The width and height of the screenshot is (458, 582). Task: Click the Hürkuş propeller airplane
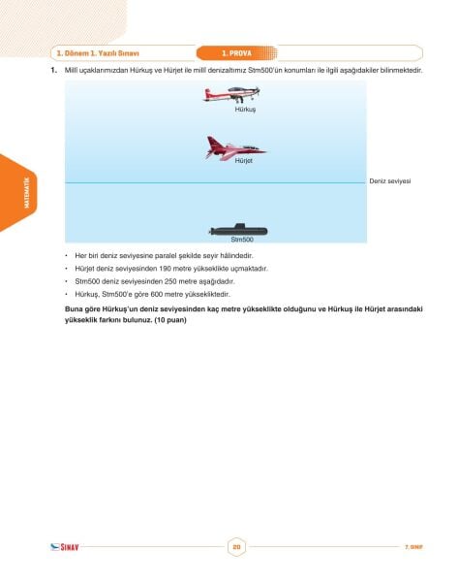click(231, 95)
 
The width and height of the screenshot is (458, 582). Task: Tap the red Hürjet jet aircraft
click(235, 148)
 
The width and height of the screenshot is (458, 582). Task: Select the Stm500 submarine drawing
click(238, 230)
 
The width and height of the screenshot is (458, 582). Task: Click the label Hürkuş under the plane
click(245, 110)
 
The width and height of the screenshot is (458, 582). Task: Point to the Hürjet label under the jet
click(243, 161)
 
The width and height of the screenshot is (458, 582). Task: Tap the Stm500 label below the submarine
click(242, 240)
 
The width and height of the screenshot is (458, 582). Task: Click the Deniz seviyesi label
click(390, 181)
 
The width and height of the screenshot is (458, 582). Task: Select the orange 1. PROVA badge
click(237, 53)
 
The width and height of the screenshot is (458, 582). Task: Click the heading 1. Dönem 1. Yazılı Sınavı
click(98, 53)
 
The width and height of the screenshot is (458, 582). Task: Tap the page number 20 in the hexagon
click(236, 547)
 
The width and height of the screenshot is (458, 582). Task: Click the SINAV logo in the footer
click(65, 547)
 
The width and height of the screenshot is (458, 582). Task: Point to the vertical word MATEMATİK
click(27, 193)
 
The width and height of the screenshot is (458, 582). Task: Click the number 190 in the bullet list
click(165, 269)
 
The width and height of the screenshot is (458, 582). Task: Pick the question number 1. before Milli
click(54, 70)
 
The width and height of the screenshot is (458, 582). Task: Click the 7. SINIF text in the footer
click(413, 547)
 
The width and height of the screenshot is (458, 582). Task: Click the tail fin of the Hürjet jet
click(212, 142)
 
